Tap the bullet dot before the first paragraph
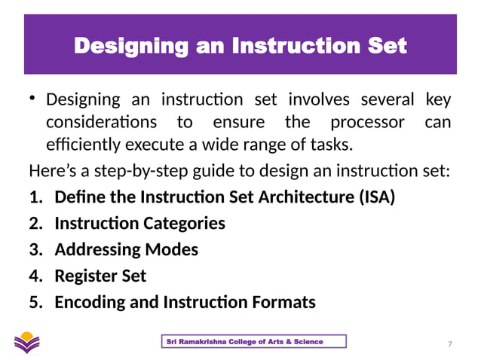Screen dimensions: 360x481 pyautogui.click(x=33, y=99)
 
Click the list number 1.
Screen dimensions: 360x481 pyautogui.click(x=36, y=197)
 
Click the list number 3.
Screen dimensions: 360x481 pyautogui.click(x=36, y=249)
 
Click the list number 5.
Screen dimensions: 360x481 pyautogui.click(x=36, y=302)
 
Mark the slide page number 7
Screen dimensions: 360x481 pyautogui.click(x=450, y=344)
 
